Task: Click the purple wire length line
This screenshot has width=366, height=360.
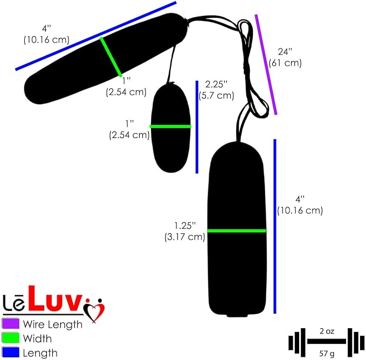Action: click(266, 65)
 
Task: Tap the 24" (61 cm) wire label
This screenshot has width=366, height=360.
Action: click(285, 57)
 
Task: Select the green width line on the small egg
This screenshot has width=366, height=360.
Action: click(170, 127)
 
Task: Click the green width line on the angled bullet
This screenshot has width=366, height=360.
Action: click(111, 57)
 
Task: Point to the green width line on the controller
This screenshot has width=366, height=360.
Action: click(237, 231)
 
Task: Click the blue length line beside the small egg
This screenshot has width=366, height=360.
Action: click(197, 127)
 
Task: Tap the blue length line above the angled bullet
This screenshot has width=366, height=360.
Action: click(96, 36)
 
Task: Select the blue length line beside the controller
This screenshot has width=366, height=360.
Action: click(275, 226)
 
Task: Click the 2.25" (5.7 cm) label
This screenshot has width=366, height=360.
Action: click(216, 90)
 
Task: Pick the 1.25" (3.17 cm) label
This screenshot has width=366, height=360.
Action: click(185, 231)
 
